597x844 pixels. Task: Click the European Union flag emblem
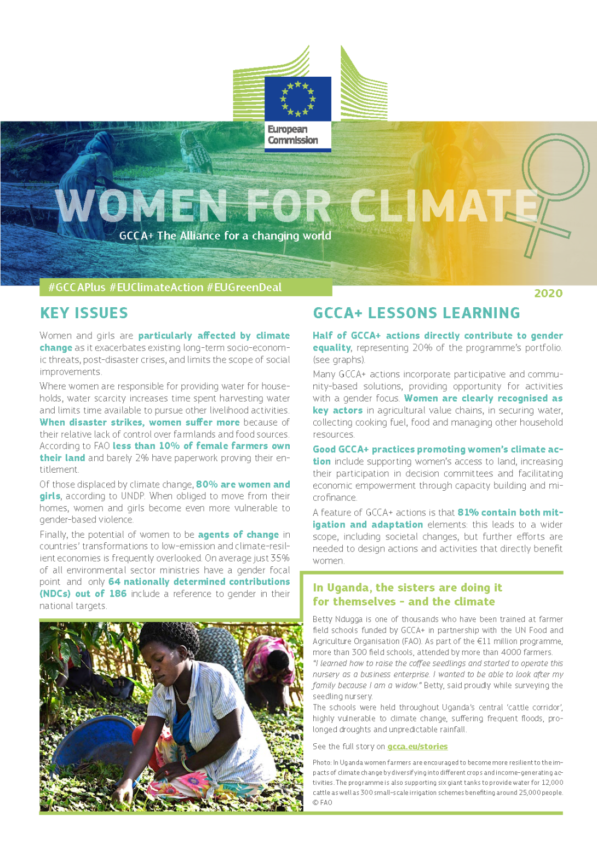(298, 99)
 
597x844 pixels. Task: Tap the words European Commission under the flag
(292, 135)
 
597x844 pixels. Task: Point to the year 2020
(548, 294)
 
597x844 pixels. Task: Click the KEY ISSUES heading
(84, 313)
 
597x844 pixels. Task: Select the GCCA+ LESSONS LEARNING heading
(416, 313)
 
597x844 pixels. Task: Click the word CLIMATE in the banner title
(444, 205)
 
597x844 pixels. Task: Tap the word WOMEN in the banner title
(141, 205)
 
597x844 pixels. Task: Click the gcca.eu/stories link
(417, 747)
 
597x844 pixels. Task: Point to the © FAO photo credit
(323, 802)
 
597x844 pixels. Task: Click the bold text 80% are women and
(243, 484)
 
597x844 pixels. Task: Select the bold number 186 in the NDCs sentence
(118, 594)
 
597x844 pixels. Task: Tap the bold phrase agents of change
(238, 535)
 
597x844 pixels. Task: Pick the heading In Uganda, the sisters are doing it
(407, 588)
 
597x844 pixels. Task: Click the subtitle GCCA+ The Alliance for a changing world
(225, 236)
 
